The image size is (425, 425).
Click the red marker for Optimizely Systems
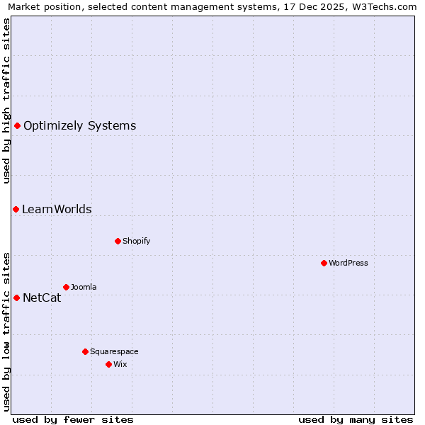coord(17,125)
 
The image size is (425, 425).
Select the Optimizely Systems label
coord(79,126)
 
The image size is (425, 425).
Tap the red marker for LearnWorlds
coord(16,209)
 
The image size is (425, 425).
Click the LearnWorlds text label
coord(57,210)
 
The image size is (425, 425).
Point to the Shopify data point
coord(118,241)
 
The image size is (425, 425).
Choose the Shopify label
coord(136,241)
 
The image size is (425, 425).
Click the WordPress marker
coord(324,263)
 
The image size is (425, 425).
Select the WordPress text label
coord(348,263)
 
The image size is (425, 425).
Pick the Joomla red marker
coord(66,287)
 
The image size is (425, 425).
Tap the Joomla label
coord(84,287)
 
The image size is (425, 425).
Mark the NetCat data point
coord(16,297)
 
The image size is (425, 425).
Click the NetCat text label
coord(42,298)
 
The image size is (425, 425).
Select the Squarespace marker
coord(85,351)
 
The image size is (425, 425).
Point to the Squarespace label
coord(114,351)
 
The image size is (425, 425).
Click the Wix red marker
coord(108,364)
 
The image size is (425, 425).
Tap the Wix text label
coord(120,364)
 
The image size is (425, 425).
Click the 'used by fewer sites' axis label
coord(73,419)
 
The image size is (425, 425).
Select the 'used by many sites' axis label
coord(356,419)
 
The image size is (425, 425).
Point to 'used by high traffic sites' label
coord(6,101)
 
